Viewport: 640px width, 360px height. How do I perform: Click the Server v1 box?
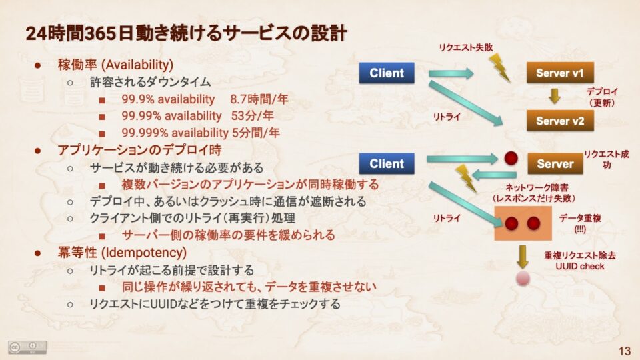tap(560, 73)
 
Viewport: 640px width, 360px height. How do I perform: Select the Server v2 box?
tap(560, 121)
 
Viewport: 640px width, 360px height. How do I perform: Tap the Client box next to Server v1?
tap(387, 73)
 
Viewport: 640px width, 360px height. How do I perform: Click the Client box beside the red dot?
tap(387, 164)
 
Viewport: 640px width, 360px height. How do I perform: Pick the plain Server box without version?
tap(555, 164)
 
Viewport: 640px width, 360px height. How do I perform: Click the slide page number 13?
tap(625, 351)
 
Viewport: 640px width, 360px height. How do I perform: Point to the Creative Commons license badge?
tap(27, 347)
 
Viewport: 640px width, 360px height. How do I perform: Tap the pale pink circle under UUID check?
tap(523, 279)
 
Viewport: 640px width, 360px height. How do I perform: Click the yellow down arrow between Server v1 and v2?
tap(554, 96)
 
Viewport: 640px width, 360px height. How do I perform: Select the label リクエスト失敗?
tap(466, 47)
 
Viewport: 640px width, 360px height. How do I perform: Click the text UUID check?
tap(579, 267)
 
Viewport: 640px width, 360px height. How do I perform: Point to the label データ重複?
tap(580, 219)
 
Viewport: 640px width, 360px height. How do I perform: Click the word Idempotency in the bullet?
tap(145, 253)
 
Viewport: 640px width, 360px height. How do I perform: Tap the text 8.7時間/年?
tap(259, 99)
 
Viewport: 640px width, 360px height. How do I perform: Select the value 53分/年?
tap(252, 116)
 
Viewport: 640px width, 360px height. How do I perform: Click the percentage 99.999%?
tap(145, 133)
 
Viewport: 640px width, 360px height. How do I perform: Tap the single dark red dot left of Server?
tap(511, 159)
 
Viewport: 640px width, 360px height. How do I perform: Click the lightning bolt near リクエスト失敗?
tap(499, 68)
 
